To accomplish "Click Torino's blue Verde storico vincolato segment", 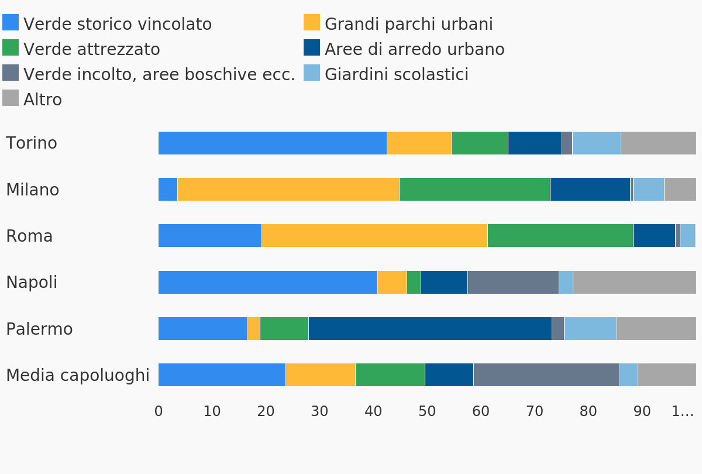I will click(x=272, y=143).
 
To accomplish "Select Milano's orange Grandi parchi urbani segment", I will click(x=288, y=190).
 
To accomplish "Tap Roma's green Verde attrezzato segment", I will click(x=560, y=236).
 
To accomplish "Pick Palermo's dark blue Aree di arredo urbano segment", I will click(x=430, y=329).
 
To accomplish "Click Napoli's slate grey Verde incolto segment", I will click(x=513, y=282).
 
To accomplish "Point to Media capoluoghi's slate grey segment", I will click(x=546, y=375).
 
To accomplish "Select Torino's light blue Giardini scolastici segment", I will click(x=596, y=143).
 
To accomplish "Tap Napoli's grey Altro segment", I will click(x=634, y=282).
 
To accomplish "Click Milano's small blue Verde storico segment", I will click(x=168, y=190).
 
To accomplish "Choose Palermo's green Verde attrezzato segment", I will click(x=284, y=329).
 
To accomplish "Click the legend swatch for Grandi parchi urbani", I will click(x=312, y=22).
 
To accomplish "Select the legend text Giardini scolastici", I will click(x=396, y=75).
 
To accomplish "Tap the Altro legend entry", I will click(x=42, y=100).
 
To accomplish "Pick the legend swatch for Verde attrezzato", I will click(x=11, y=47).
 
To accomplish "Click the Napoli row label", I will click(x=32, y=283).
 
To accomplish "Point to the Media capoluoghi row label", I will click(x=78, y=376).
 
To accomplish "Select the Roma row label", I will click(x=29, y=236).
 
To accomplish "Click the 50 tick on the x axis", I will click(x=427, y=411).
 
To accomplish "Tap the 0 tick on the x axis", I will click(x=159, y=411).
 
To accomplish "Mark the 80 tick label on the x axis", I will click(x=588, y=411).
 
